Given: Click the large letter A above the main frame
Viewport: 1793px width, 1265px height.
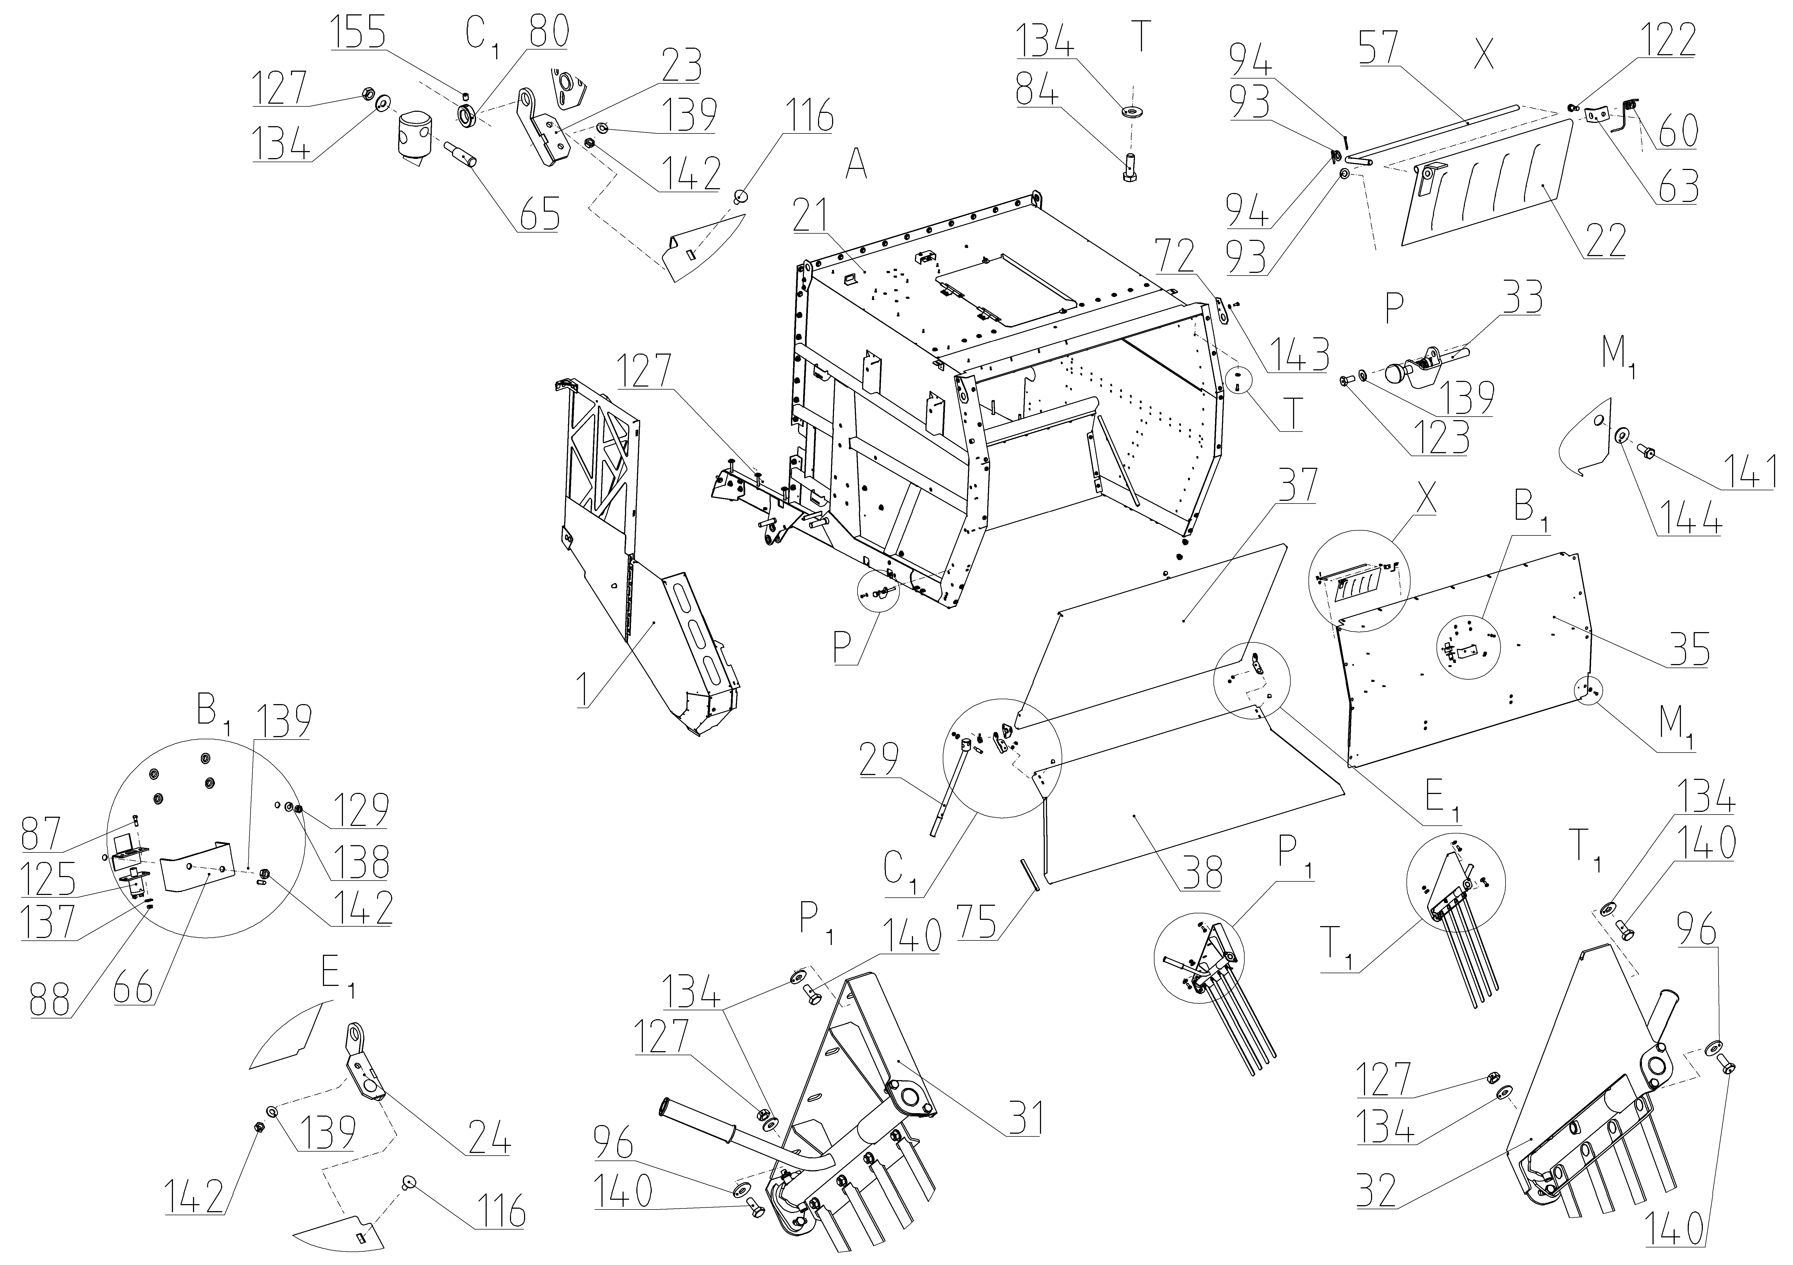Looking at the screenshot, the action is coord(857,166).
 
